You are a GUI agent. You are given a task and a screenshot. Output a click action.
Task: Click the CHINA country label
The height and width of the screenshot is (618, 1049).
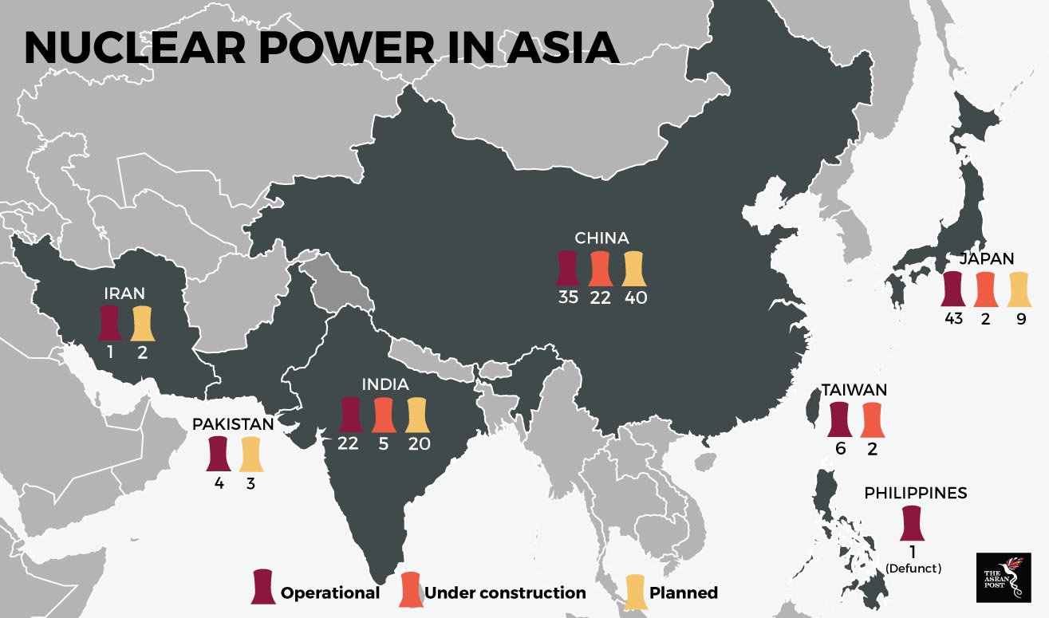tap(601, 238)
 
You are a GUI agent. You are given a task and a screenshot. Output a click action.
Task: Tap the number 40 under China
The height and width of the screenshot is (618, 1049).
tap(636, 297)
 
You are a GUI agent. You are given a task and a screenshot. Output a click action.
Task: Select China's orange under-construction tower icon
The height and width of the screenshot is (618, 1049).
tap(601, 268)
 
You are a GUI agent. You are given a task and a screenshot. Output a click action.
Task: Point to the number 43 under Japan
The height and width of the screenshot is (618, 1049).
tap(953, 319)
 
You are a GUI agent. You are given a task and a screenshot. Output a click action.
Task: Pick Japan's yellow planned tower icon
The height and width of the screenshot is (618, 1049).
tap(1019, 289)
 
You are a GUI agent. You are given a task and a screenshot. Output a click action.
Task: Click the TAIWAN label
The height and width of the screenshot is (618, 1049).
tap(854, 391)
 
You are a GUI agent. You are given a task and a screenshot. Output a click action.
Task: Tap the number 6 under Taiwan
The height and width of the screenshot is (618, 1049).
tap(839, 450)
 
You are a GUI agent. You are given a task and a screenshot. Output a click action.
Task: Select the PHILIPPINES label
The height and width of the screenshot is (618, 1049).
tap(915, 493)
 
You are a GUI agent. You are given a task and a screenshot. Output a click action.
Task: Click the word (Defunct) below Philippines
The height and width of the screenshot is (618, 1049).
tap(913, 569)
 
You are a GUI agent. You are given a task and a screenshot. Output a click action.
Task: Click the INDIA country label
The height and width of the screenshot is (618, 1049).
tap(385, 384)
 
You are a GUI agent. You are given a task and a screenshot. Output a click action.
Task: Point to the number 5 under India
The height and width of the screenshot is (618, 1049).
tap(383, 443)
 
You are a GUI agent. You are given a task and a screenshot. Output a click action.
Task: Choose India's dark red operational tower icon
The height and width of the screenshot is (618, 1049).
tap(349, 414)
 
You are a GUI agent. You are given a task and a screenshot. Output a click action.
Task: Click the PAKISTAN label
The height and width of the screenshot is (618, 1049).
tap(233, 424)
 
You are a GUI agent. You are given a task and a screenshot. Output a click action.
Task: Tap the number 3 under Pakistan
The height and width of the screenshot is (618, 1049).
tap(251, 482)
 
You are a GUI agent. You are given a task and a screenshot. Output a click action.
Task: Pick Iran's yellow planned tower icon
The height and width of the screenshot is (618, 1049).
tap(142, 322)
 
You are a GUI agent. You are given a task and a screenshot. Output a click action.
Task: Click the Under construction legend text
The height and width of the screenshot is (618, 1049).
tap(505, 592)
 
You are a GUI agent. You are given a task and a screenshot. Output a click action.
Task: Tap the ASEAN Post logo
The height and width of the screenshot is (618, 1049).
tap(1003, 577)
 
